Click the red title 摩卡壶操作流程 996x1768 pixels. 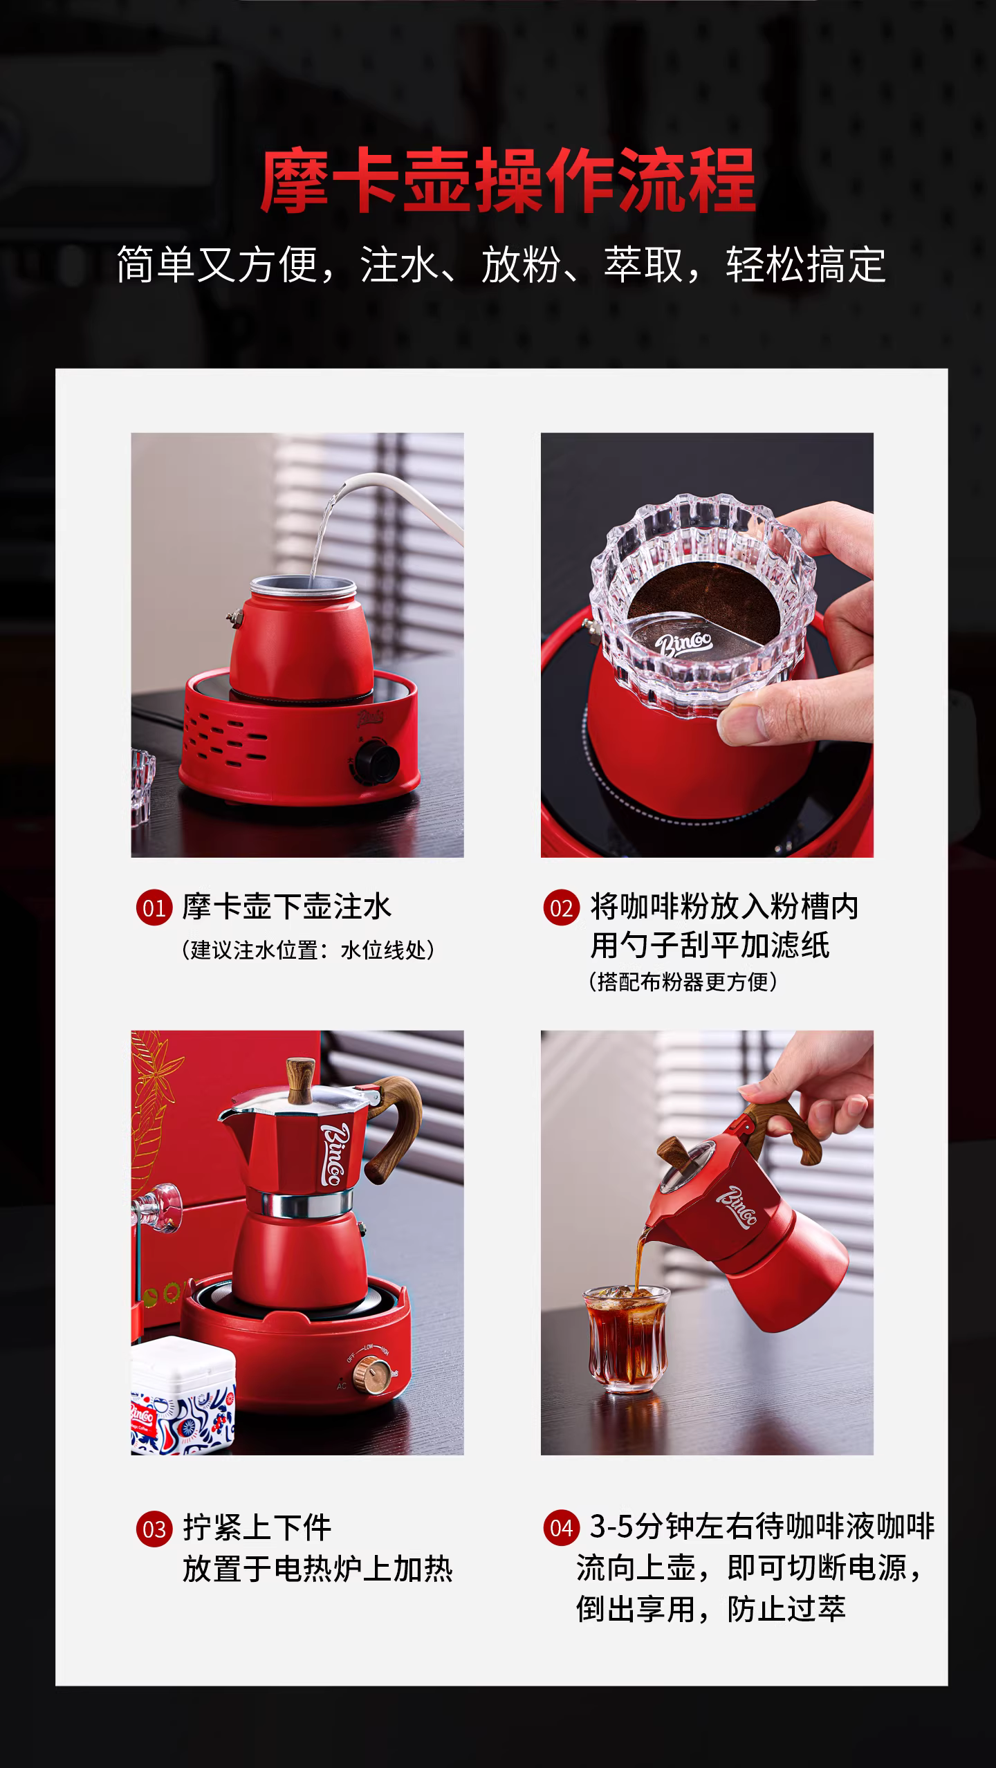pos(508,181)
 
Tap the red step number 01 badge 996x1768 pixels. pos(153,908)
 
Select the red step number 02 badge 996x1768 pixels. pos(560,908)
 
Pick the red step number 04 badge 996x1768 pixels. pos(560,1528)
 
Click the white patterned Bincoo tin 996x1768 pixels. pos(183,1394)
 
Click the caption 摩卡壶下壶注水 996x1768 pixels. pos(287,907)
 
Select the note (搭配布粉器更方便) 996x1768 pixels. pos(683,981)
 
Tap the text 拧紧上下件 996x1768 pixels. pos(257,1528)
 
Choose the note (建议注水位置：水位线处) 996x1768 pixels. pos(308,950)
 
